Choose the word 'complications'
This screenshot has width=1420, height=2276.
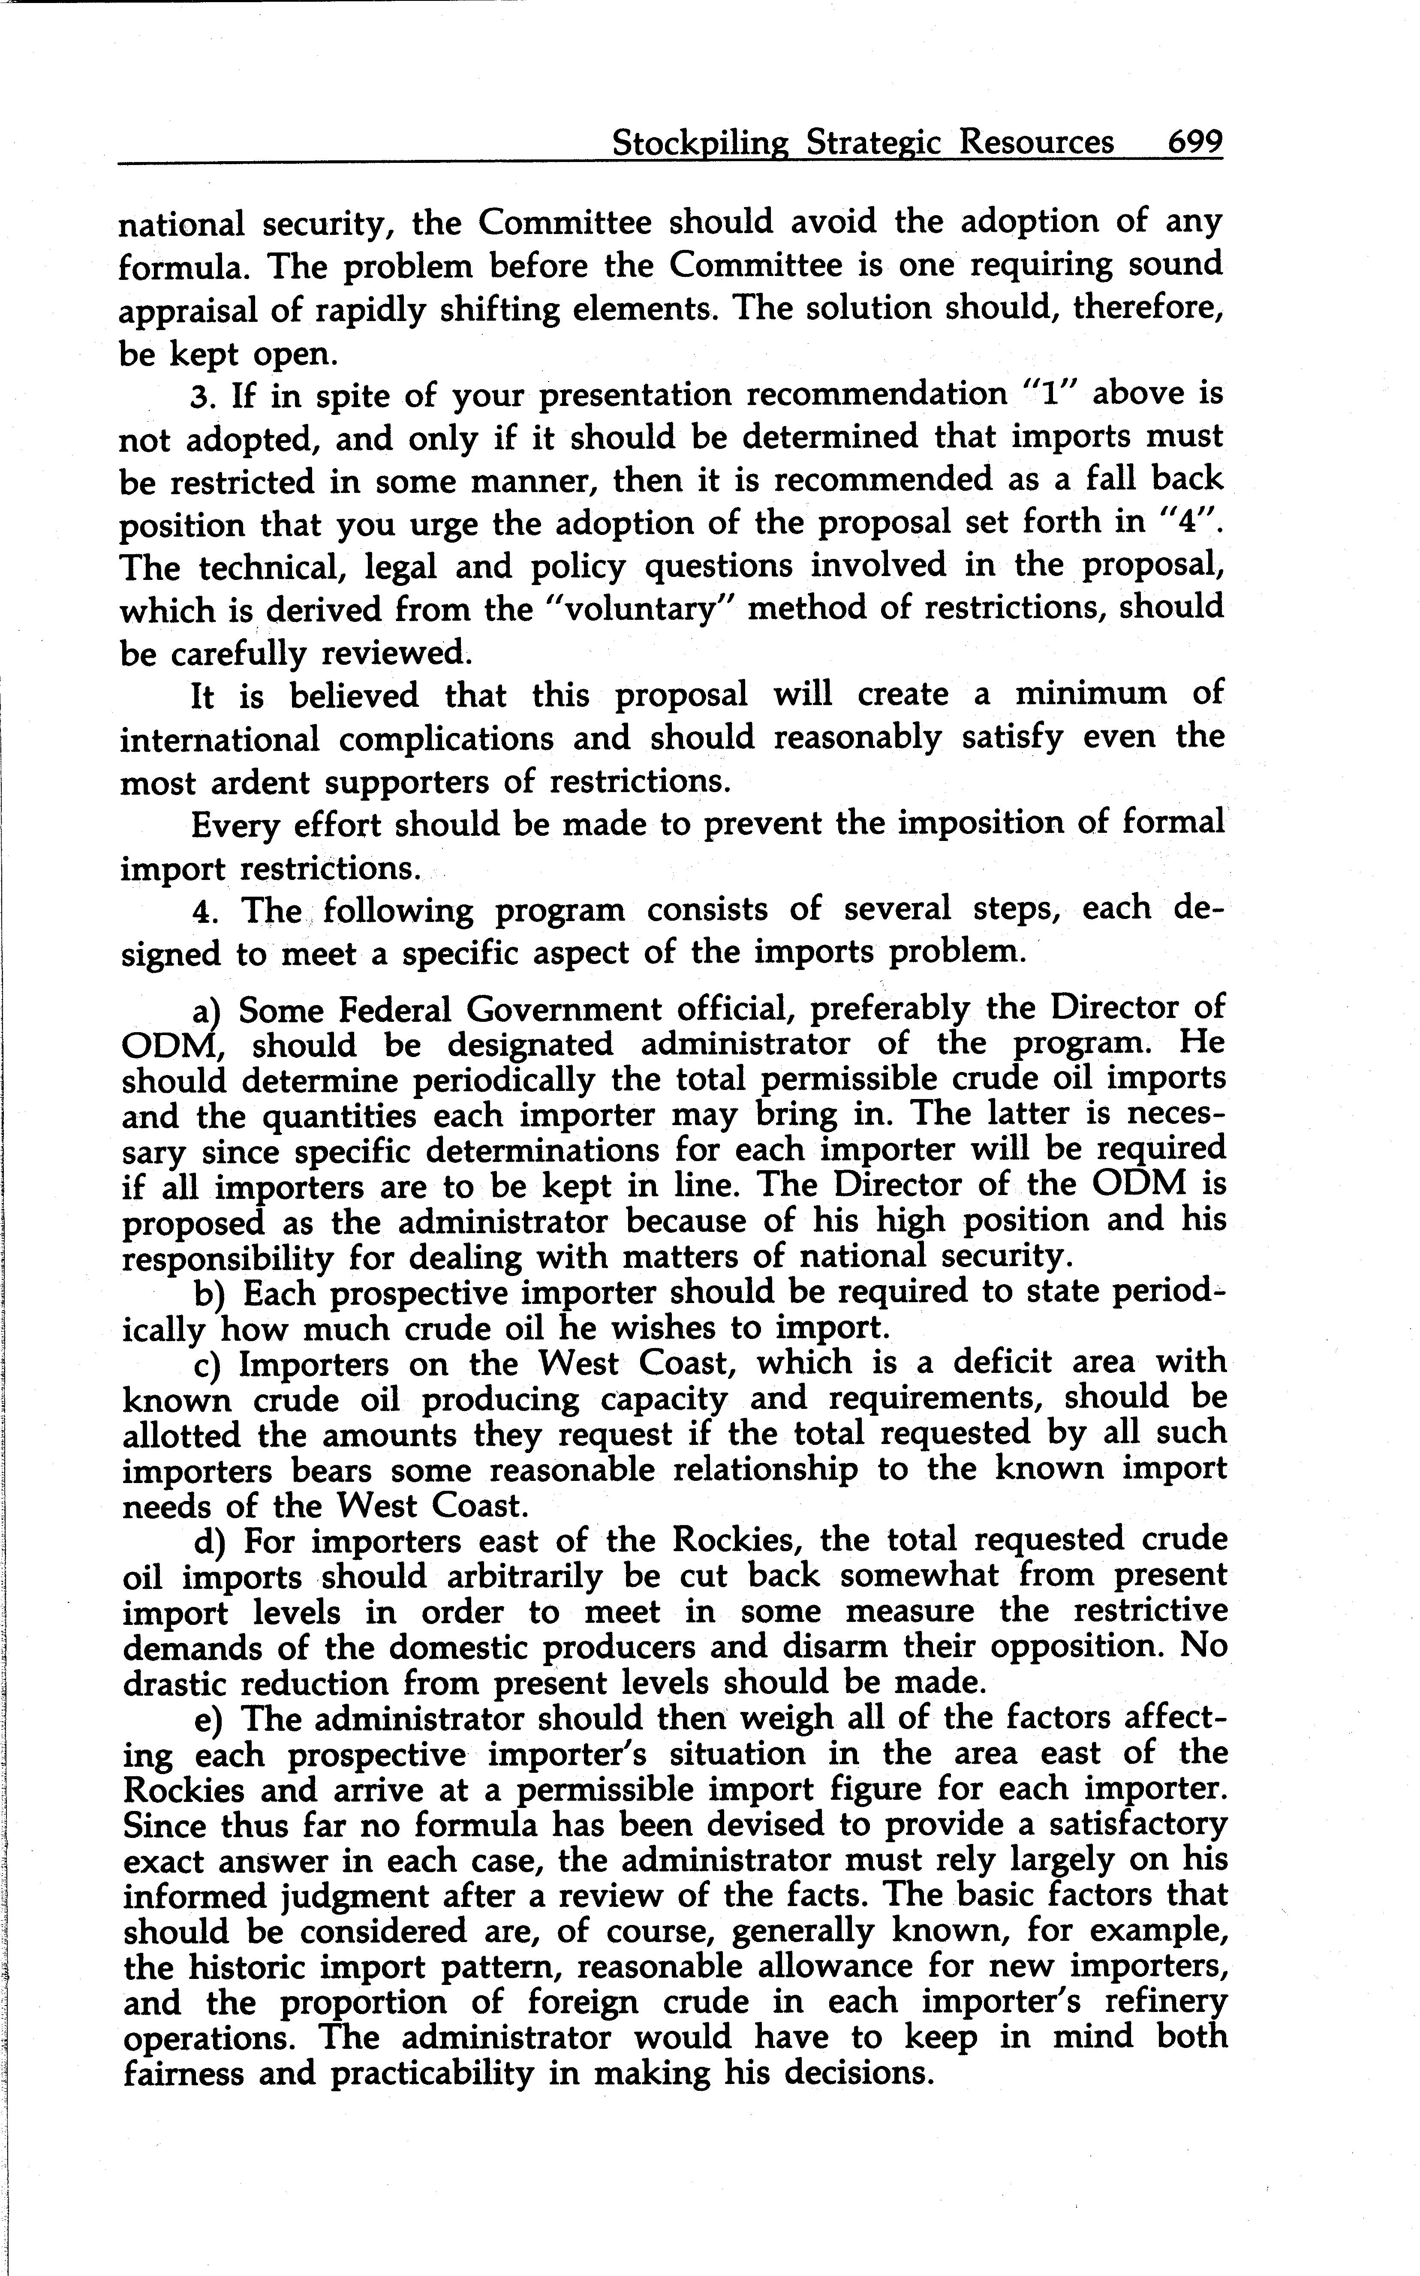point(446,739)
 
